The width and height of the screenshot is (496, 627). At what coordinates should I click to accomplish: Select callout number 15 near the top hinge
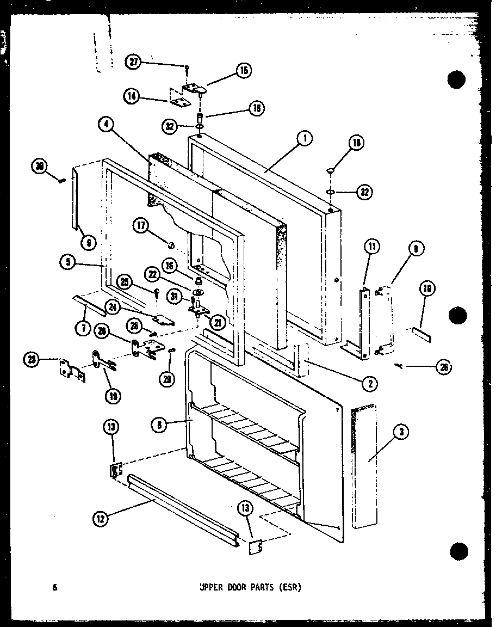click(x=243, y=70)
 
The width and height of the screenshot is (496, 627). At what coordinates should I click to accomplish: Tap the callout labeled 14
click(x=131, y=97)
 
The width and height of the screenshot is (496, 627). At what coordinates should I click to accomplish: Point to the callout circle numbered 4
click(x=107, y=125)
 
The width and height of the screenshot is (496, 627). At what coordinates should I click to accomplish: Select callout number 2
click(x=370, y=383)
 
